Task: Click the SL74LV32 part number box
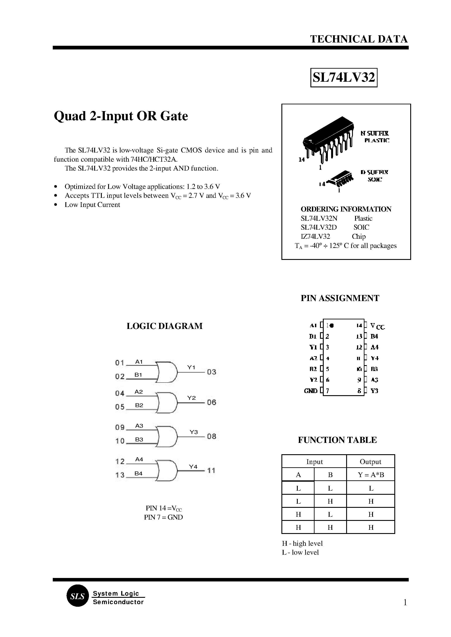[344, 77]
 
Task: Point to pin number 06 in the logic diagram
[211, 402]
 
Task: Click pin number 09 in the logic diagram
[120, 427]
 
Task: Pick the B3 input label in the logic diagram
[139, 439]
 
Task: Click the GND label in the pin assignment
[310, 391]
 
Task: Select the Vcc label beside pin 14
[377, 326]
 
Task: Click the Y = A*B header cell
[371, 475]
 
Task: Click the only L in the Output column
[371, 488]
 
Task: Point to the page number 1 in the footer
[405, 603]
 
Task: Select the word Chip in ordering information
[359, 237]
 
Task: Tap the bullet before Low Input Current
[56, 205]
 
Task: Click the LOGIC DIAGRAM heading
[164, 326]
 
